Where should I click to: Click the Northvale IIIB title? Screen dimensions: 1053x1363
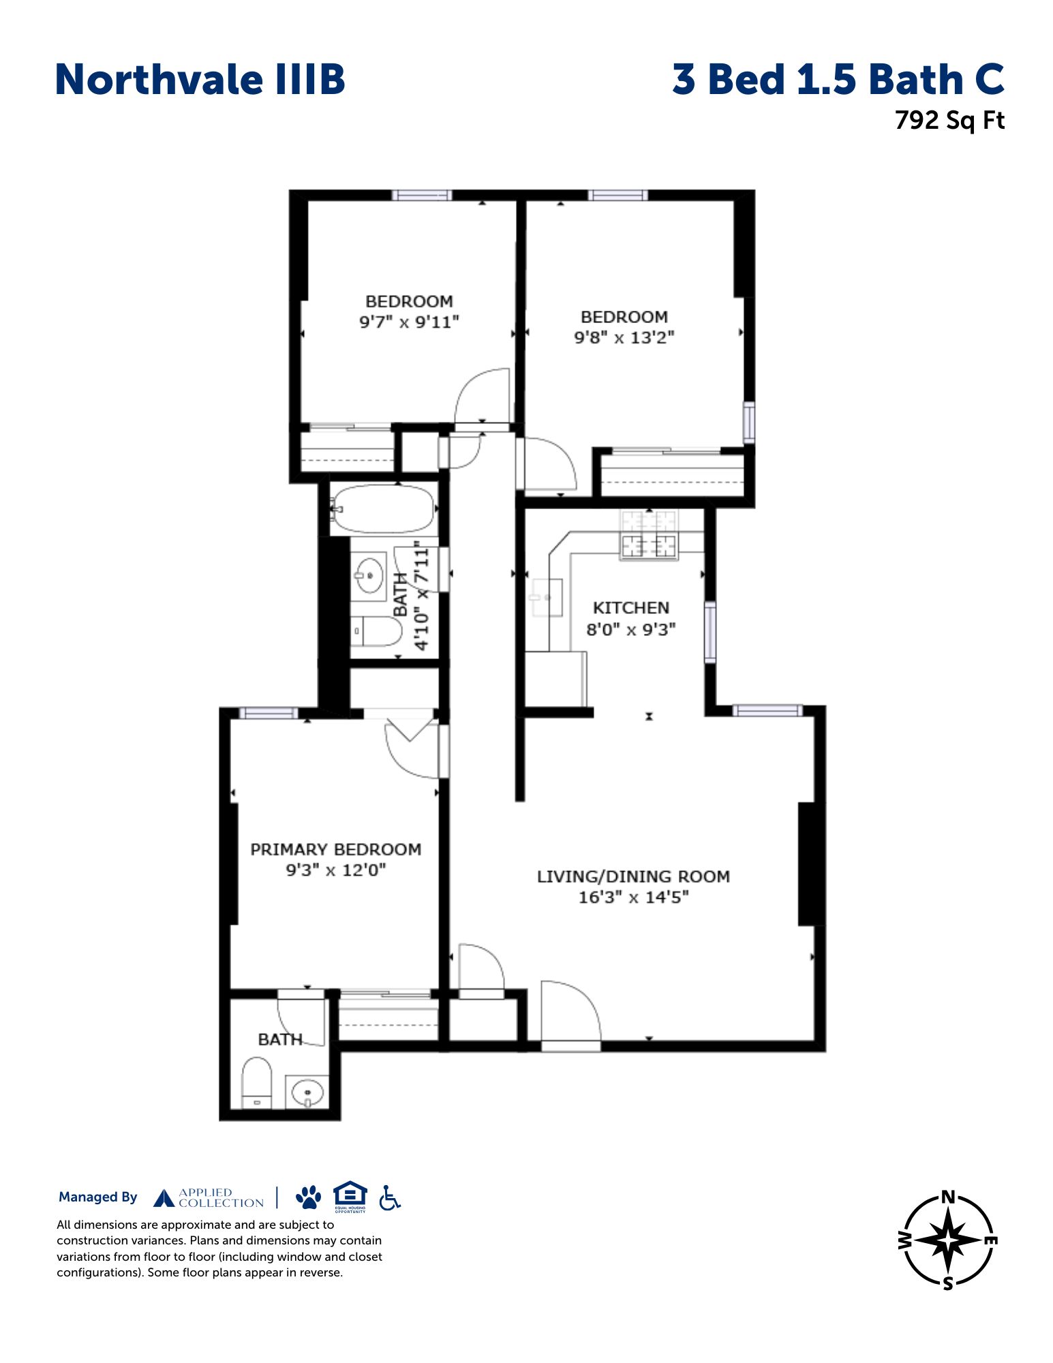(x=200, y=79)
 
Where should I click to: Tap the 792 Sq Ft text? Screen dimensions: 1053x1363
(x=949, y=121)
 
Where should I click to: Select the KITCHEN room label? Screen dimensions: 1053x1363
(x=630, y=608)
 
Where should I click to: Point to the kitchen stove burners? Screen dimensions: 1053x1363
(x=649, y=536)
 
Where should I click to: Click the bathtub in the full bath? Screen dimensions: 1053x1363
(x=384, y=508)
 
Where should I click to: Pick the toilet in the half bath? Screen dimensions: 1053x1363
(x=257, y=1083)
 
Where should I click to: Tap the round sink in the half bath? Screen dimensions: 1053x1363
(x=307, y=1093)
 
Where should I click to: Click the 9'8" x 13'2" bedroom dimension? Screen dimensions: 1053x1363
(x=624, y=337)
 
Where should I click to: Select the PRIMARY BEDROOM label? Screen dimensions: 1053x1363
(x=335, y=850)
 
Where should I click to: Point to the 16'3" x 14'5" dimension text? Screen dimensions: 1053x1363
(x=633, y=897)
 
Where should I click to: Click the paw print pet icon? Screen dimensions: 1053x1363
(x=309, y=1197)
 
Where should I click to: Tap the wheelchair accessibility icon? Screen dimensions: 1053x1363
(x=390, y=1197)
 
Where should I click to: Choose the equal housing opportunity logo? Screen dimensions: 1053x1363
(x=350, y=1196)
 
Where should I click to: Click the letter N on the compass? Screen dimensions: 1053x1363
(x=947, y=1197)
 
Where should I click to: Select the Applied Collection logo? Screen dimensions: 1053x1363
(x=209, y=1197)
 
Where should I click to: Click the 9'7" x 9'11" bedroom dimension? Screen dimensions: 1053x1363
(x=409, y=322)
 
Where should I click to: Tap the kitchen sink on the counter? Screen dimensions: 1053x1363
(x=545, y=597)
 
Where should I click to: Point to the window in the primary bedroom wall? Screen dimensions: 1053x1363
(x=269, y=712)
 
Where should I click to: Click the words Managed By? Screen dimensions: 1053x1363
(x=97, y=1197)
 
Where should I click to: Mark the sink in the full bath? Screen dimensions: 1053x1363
(x=369, y=576)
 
